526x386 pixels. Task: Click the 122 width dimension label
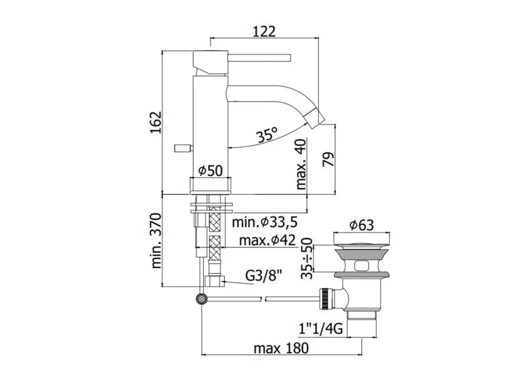coord(264,32)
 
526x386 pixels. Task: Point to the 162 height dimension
coord(156,122)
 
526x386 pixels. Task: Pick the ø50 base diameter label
coord(210,171)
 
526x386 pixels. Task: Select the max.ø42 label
coord(267,240)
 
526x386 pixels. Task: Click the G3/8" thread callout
coord(263,277)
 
